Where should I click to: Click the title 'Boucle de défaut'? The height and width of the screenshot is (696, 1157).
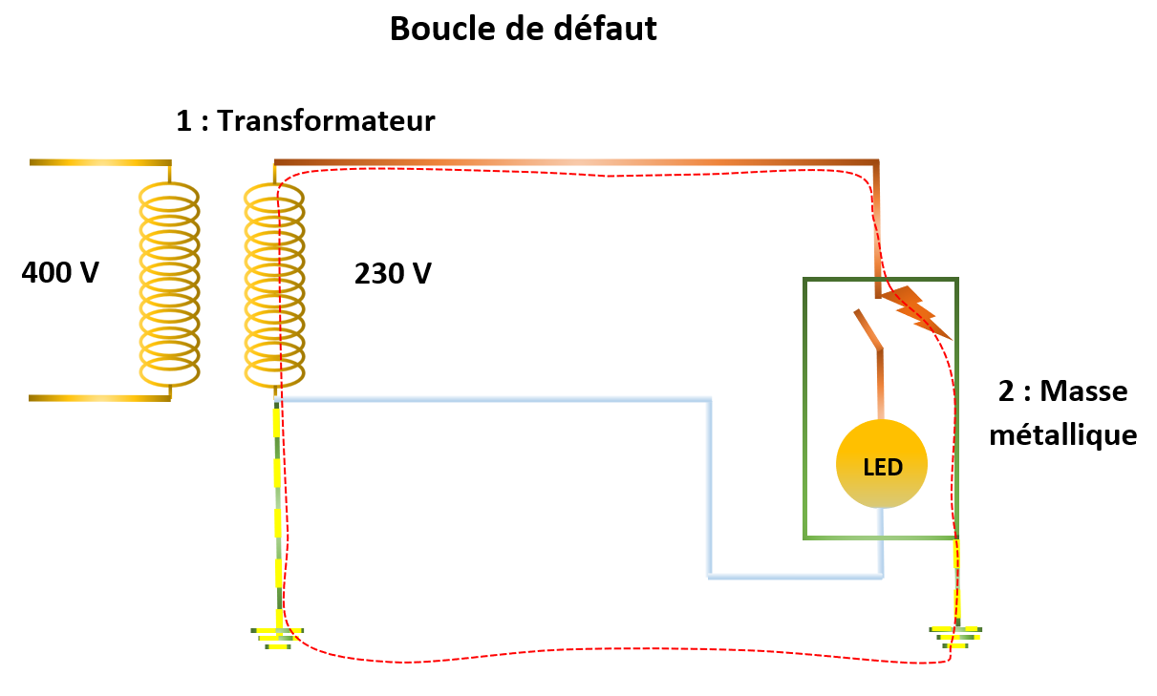pos(524,30)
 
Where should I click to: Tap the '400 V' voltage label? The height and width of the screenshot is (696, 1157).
pos(60,273)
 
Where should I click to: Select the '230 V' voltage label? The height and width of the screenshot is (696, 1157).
pos(393,274)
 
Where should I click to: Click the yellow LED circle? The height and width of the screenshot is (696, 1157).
pos(881,463)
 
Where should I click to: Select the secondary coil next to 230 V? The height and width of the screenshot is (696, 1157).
pos(274,284)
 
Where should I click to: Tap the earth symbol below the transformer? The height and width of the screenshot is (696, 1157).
pos(277,637)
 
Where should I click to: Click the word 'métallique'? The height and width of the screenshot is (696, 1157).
pos(1063,436)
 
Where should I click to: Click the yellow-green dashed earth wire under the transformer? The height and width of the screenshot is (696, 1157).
pos(277,506)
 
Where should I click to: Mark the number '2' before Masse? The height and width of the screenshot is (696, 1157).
pos(1006,392)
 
